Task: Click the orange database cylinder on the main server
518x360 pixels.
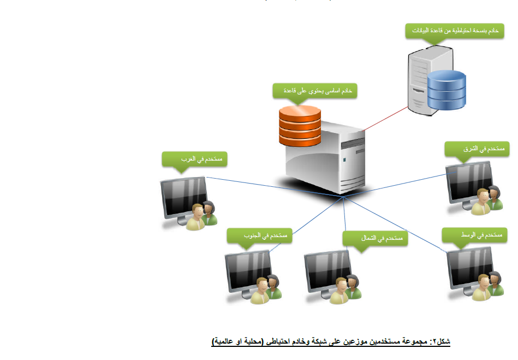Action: click(x=300, y=125)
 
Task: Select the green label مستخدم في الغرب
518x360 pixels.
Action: click(x=194, y=159)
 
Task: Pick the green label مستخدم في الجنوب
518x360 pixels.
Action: click(x=260, y=235)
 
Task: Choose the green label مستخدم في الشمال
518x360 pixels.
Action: click(x=376, y=238)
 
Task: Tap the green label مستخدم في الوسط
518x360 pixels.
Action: click(x=475, y=235)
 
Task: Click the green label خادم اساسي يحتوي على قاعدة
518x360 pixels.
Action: click(x=315, y=90)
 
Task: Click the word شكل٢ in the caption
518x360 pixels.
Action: click(x=439, y=341)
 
